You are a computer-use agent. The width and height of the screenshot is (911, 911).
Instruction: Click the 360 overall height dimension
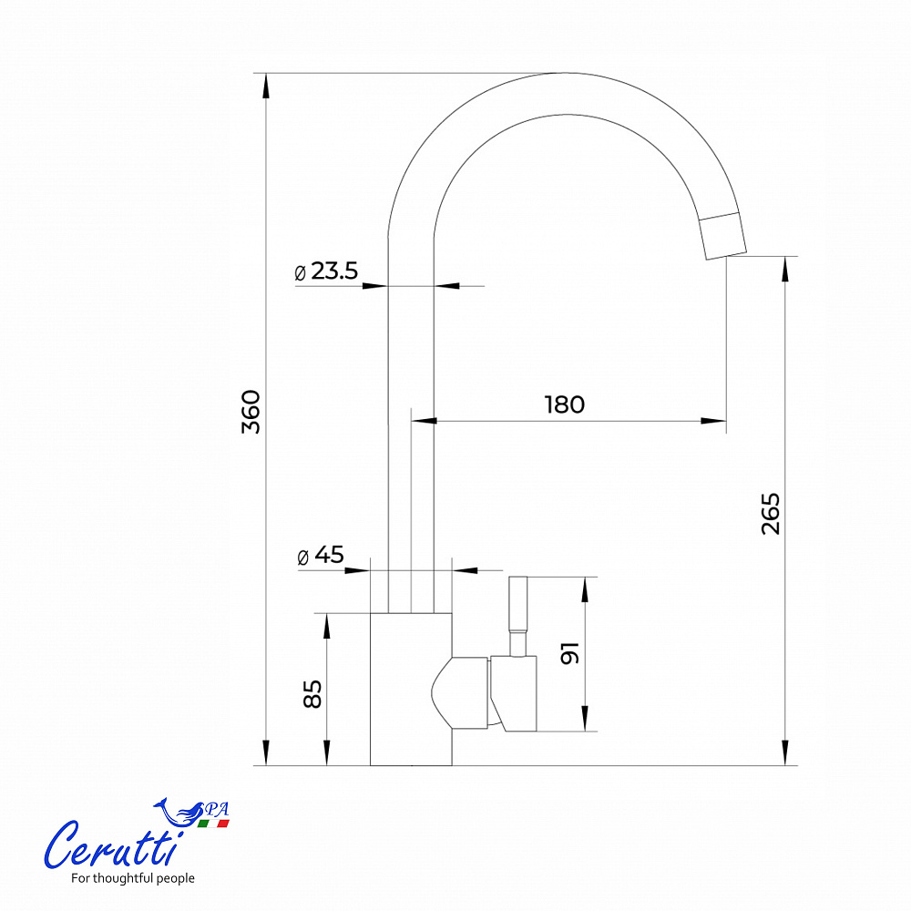pos(251,412)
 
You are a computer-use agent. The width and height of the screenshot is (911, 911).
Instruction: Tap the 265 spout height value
pos(771,514)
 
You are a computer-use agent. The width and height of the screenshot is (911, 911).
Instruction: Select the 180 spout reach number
pos(564,404)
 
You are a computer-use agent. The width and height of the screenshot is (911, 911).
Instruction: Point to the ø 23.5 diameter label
pos(326,271)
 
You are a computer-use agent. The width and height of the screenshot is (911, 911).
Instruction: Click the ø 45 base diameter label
pos(320,555)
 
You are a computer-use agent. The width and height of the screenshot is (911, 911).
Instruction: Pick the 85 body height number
pos(312,693)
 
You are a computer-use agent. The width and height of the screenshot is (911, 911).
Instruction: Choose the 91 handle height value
pos(569,653)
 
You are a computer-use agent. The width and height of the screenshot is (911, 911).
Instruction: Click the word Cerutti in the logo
pos(111,845)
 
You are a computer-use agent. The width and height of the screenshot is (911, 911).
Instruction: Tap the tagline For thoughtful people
pos(132,878)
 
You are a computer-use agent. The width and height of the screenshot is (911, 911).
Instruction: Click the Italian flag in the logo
pos(213,824)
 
